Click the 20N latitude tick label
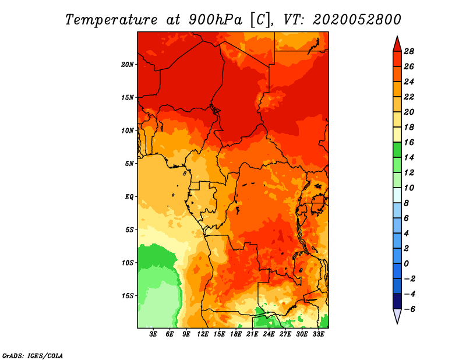point(128,64)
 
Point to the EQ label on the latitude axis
point(129,197)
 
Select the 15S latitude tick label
point(128,296)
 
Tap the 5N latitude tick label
point(129,164)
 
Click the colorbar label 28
point(409,51)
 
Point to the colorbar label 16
point(409,142)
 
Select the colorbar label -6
point(409,309)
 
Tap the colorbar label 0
point(407,263)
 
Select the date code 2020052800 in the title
point(357,19)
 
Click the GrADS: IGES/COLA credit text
point(33,355)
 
